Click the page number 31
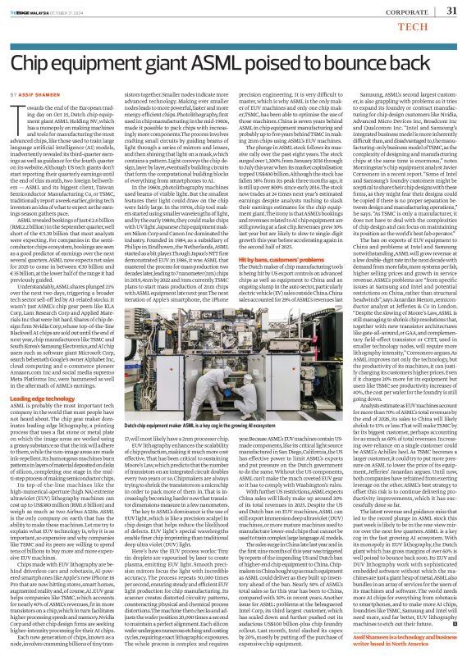tap(451, 10)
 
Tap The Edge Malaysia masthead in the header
tap(38, 11)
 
